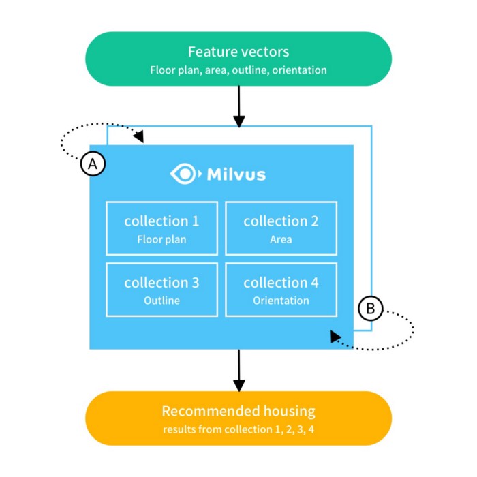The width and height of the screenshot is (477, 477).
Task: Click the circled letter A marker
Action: tap(93, 164)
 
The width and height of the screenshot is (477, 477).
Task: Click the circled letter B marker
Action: tap(371, 309)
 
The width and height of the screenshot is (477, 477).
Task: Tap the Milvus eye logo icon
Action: tap(184, 174)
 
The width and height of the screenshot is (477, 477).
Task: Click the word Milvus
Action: tap(234, 174)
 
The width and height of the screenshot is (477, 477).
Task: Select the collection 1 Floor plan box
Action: tap(161, 228)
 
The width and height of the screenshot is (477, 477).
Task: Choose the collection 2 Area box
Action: tap(281, 228)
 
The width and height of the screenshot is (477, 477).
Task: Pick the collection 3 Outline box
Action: tap(161, 289)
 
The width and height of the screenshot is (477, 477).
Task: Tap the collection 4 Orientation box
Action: tap(281, 289)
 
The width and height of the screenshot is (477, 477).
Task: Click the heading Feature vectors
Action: tap(238, 52)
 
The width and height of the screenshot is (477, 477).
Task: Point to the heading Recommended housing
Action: tap(238, 411)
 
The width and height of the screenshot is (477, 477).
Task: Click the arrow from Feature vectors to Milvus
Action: tap(238, 106)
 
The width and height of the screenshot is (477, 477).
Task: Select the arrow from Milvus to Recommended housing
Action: tap(238, 370)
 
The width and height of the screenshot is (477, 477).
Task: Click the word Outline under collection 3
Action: tap(161, 301)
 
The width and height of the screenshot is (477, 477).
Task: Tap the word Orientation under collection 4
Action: tap(281, 301)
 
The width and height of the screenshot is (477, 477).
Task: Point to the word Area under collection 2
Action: tap(281, 239)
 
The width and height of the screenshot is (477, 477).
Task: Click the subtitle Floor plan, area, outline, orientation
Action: tap(238, 70)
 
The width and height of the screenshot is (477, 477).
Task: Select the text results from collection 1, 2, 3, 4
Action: tap(238, 430)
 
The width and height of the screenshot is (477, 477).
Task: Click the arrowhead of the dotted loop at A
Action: tap(140, 138)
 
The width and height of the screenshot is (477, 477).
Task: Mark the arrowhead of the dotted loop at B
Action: tap(335, 336)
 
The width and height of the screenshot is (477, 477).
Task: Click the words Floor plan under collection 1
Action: tap(161, 239)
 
